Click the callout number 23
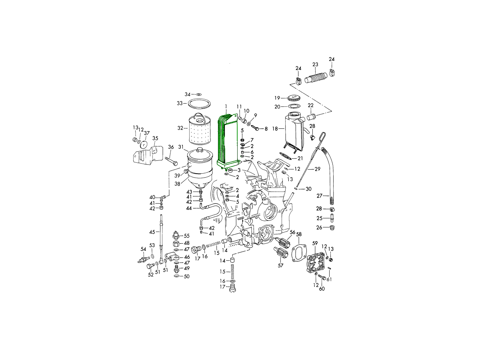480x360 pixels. click(x=315, y=64)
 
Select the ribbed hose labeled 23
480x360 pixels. click(x=317, y=78)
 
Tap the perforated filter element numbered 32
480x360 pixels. click(x=198, y=128)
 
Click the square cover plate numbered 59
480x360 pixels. click(x=316, y=260)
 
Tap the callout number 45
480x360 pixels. click(x=152, y=232)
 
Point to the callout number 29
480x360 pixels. click(x=317, y=169)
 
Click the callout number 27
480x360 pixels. click(x=320, y=196)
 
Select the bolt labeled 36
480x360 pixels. click(x=171, y=161)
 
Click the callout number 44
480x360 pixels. click(x=190, y=208)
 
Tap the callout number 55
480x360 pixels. click(x=186, y=236)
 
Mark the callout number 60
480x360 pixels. click(x=322, y=288)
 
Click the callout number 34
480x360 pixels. click(x=188, y=94)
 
